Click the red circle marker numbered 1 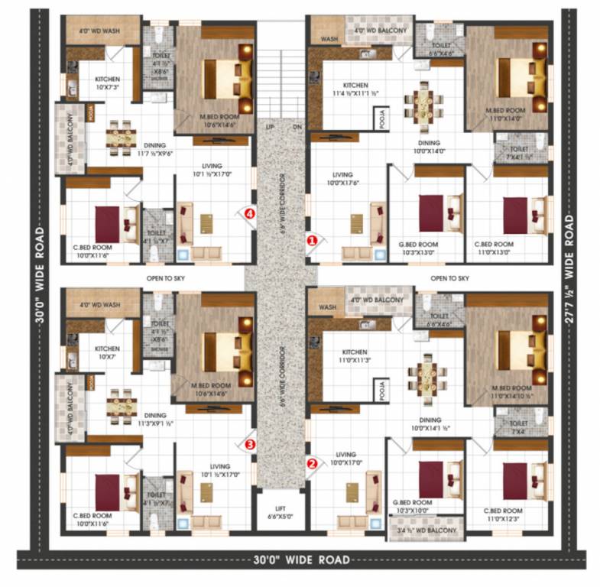point(312,240)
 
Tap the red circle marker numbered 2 point(312,462)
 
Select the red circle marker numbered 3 point(249,443)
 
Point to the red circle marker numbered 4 point(249,214)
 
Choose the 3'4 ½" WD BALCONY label point(426,530)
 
